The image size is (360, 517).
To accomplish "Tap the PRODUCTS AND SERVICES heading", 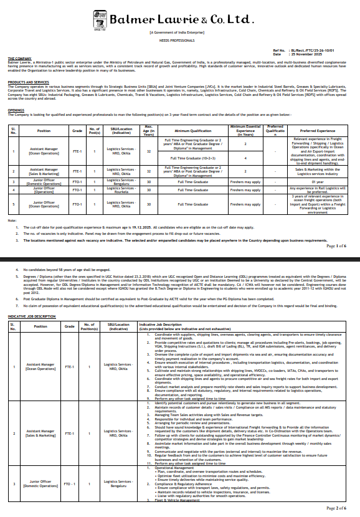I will tap(29, 82).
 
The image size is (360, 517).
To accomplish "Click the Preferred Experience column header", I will tap(317, 131).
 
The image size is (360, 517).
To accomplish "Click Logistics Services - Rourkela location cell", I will tap(121, 190).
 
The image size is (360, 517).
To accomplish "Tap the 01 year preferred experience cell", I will tap(317, 181).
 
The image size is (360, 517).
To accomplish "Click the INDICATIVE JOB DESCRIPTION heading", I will tap(32, 317).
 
